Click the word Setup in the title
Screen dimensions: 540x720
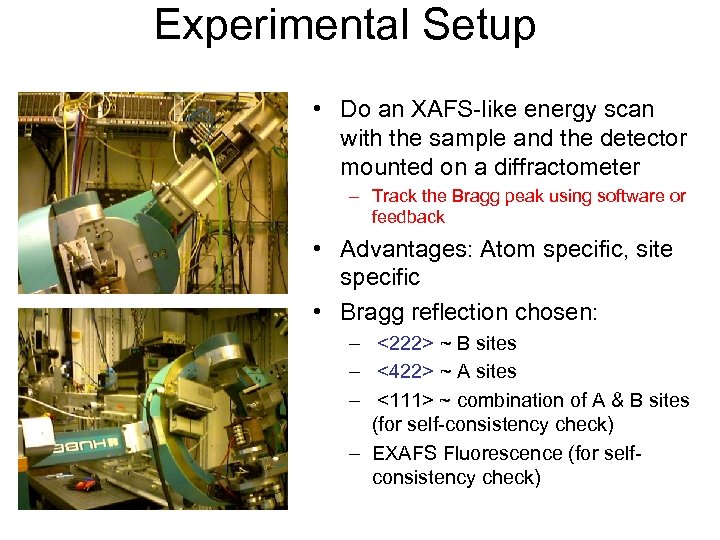pyautogui.click(x=478, y=25)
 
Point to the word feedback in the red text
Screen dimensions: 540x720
pyautogui.click(x=408, y=217)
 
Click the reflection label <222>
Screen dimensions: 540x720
pyautogui.click(x=405, y=344)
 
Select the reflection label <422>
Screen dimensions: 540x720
pyautogui.click(x=405, y=372)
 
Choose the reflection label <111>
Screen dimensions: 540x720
pyautogui.click(x=405, y=400)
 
